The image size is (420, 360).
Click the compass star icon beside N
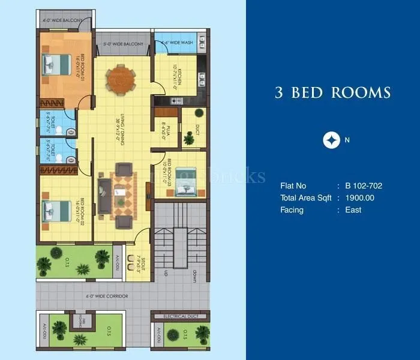[x=330, y=140]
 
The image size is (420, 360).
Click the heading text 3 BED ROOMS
[x=332, y=92]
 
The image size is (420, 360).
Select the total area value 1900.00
[x=359, y=198]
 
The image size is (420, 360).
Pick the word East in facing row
[x=353, y=210]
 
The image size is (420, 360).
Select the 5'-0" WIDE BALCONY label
[x=123, y=44]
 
